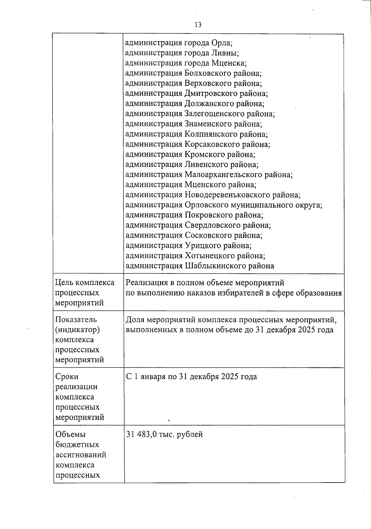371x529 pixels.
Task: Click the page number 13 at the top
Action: tap(198, 24)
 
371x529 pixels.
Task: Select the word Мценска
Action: tap(229, 63)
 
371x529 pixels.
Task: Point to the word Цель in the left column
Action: tap(64, 282)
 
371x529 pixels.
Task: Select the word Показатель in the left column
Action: tap(76, 319)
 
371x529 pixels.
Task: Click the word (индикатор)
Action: tap(77, 330)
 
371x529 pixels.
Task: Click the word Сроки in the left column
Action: tap(67, 377)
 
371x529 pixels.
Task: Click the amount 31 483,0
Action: tap(141, 434)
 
